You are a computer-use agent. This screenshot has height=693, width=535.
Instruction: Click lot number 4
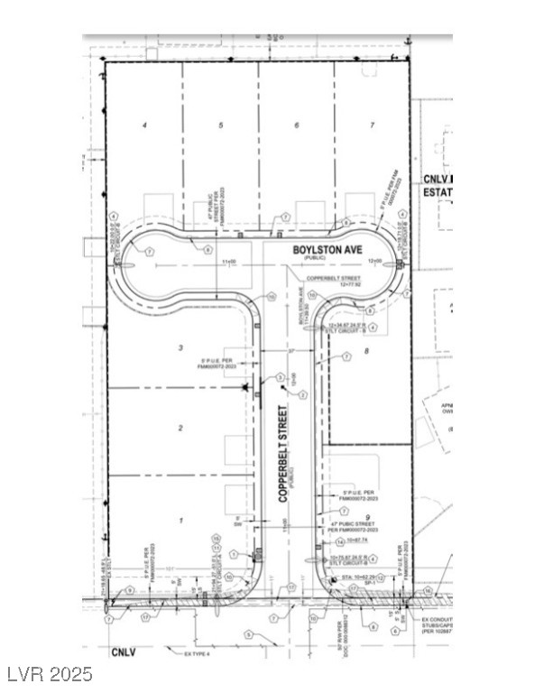pyautogui.click(x=144, y=125)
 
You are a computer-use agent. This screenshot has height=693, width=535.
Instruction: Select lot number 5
pyautogui.click(x=220, y=125)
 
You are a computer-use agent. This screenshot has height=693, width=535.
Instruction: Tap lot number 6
pyautogui.click(x=296, y=125)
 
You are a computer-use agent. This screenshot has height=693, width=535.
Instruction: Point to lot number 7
pyautogui.click(x=371, y=125)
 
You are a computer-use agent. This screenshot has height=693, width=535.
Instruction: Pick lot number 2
pyautogui.click(x=180, y=428)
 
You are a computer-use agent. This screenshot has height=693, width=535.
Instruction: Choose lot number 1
pyautogui.click(x=180, y=521)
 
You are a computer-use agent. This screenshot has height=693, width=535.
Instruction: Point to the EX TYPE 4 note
pyautogui.click(x=197, y=653)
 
